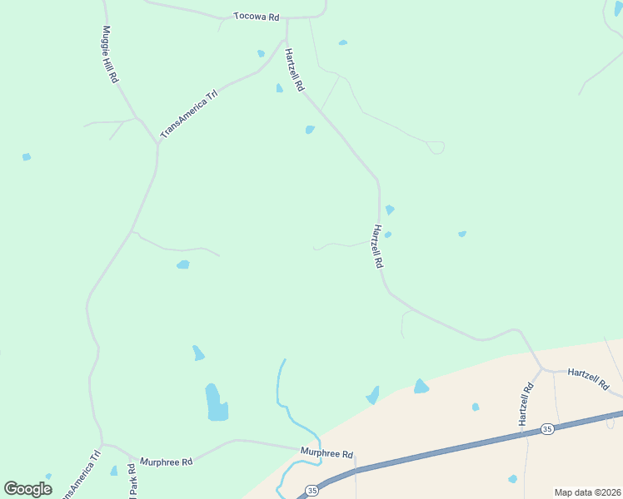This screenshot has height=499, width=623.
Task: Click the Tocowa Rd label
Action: click(256, 17)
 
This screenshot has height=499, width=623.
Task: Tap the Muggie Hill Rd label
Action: click(108, 54)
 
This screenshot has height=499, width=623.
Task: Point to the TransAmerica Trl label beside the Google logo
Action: click(81, 475)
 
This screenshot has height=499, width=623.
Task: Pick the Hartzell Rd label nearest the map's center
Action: click(377, 245)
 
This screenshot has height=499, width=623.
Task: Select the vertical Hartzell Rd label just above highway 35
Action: click(526, 404)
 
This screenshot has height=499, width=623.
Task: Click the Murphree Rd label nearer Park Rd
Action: click(167, 462)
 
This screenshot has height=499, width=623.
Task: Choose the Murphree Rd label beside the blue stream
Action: click(327, 454)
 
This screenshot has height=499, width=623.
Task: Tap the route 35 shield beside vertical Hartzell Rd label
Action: click(546, 428)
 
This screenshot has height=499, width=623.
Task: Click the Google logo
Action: click(27, 489)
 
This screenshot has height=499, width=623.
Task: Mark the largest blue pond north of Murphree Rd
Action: click(217, 403)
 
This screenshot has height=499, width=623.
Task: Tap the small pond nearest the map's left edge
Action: click(27, 156)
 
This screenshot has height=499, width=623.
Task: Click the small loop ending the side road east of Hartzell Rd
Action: click(436, 148)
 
